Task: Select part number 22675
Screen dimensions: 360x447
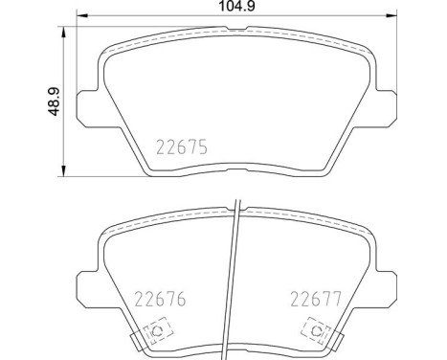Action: coord(180,147)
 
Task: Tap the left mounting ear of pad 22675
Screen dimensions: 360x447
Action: coord(87,103)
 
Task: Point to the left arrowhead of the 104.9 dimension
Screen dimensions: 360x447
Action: coord(81,17)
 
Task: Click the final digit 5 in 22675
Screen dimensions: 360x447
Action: coord(202,147)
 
